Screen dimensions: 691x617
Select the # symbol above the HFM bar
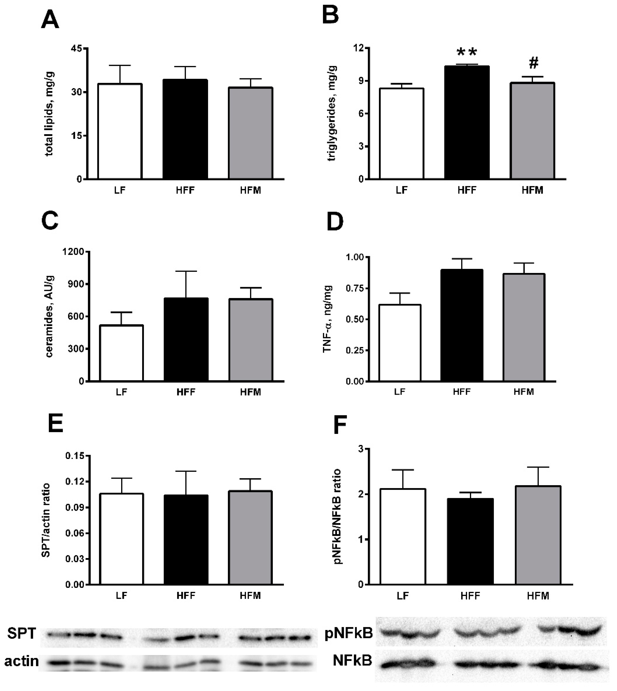tap(533, 63)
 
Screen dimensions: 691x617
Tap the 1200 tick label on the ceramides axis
tap(73, 252)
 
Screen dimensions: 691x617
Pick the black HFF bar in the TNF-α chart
tap(462, 325)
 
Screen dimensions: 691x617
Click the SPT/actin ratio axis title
tap(46, 520)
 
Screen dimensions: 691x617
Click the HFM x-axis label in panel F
tap(538, 596)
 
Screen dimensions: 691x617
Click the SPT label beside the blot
tap(22, 633)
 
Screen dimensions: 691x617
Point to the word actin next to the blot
tap(21, 661)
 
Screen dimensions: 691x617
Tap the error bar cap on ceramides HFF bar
tap(186, 271)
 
